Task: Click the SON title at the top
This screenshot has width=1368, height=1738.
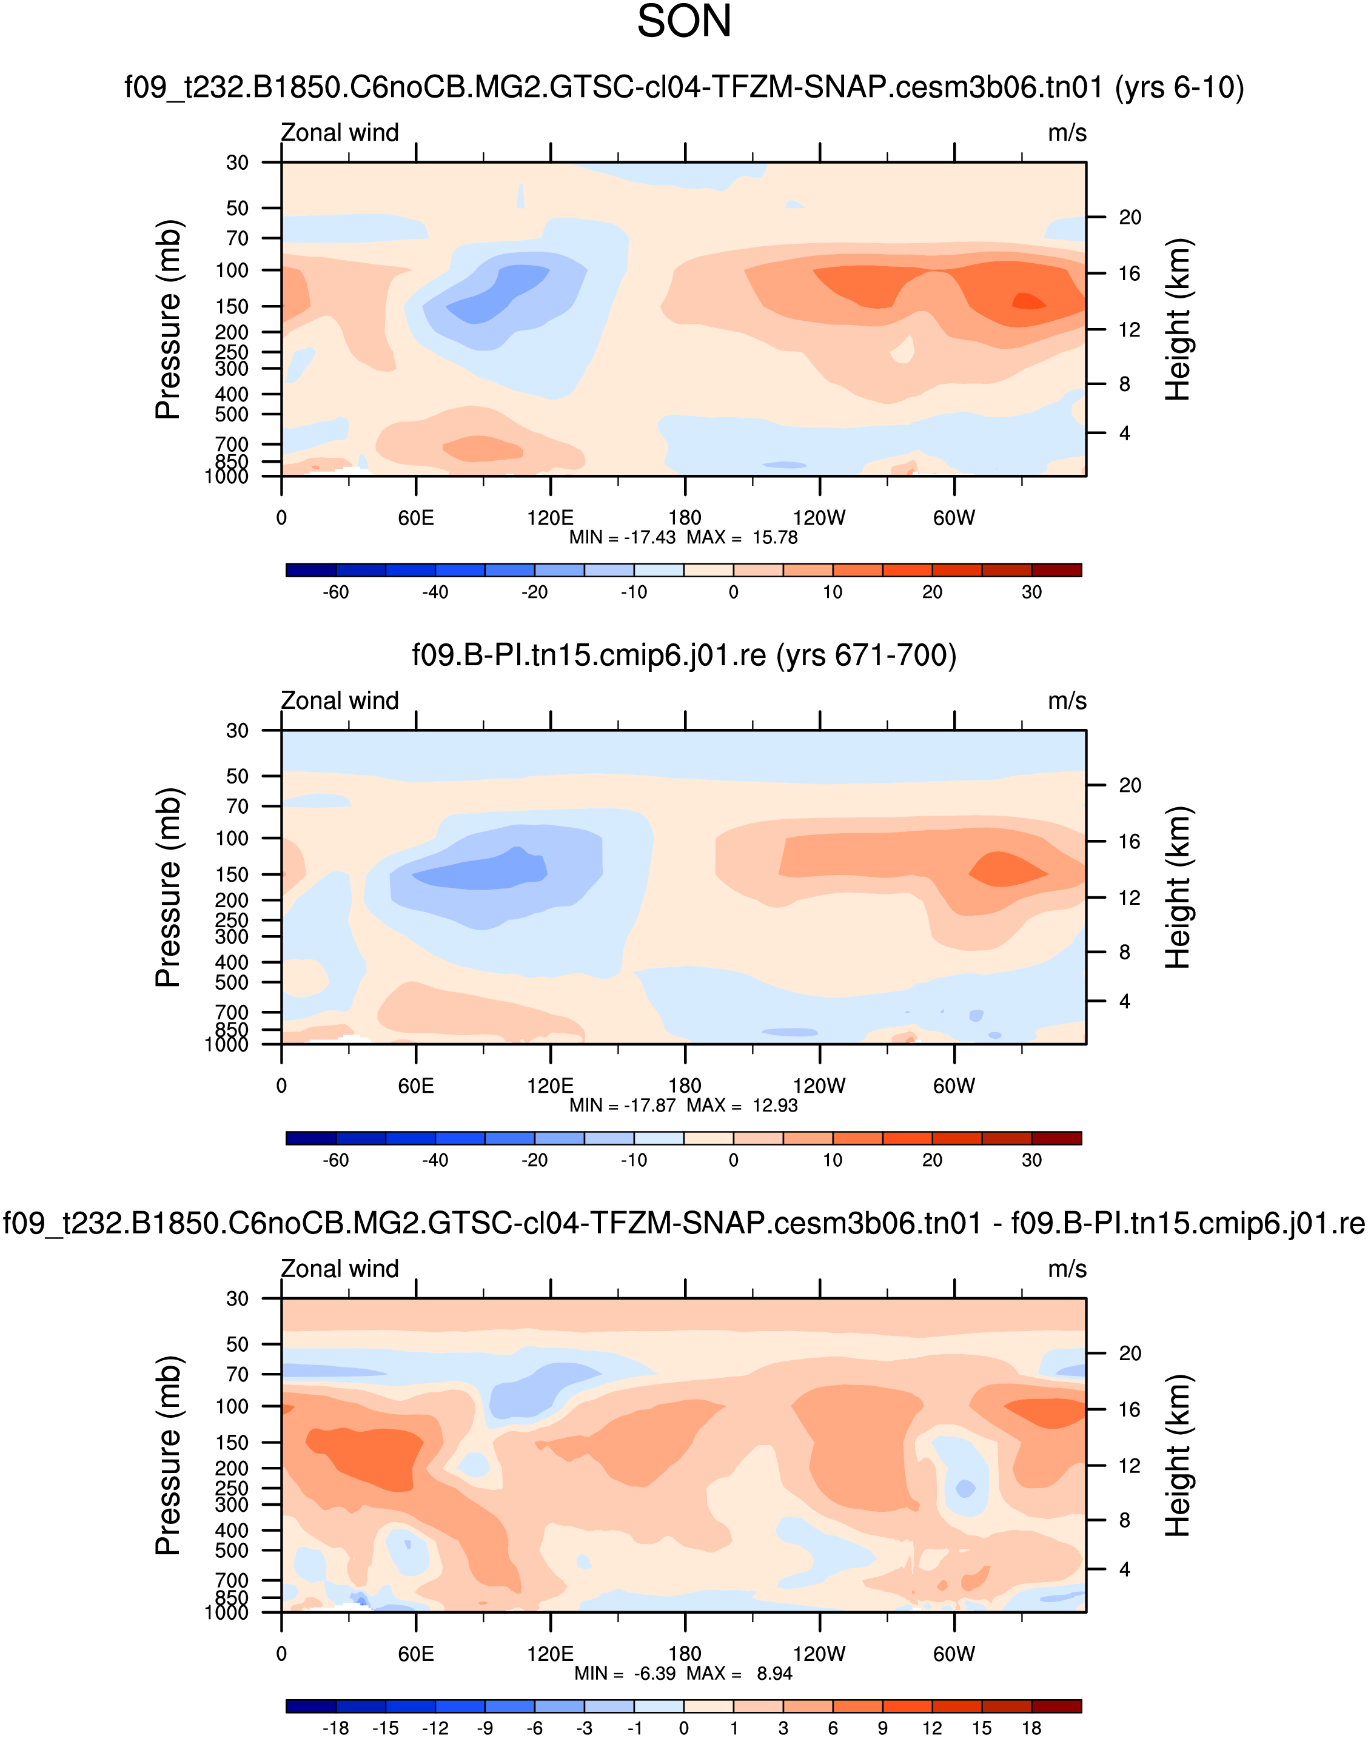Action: point(684,22)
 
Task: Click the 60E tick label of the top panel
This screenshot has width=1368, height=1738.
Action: point(416,517)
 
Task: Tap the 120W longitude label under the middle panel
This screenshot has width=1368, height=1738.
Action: point(819,1085)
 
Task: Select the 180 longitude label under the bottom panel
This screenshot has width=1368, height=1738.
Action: point(685,1653)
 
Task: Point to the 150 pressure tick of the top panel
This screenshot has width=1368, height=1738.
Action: point(232,306)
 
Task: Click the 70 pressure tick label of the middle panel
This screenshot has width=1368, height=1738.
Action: point(237,807)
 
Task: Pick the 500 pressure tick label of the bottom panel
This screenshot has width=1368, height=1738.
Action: point(232,1550)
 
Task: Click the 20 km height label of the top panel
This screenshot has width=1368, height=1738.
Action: point(1129,217)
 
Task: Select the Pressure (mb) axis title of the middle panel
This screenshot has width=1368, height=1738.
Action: point(168,887)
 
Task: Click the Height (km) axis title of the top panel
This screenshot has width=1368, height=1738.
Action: point(1178,320)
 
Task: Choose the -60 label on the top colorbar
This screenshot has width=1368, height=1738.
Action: point(335,592)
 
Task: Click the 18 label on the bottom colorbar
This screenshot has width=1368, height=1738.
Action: point(1031,1728)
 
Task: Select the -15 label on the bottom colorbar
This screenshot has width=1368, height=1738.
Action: point(385,1728)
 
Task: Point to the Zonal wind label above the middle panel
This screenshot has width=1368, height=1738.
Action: point(340,701)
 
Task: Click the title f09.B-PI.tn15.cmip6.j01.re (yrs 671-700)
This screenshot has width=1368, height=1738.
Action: point(684,655)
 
